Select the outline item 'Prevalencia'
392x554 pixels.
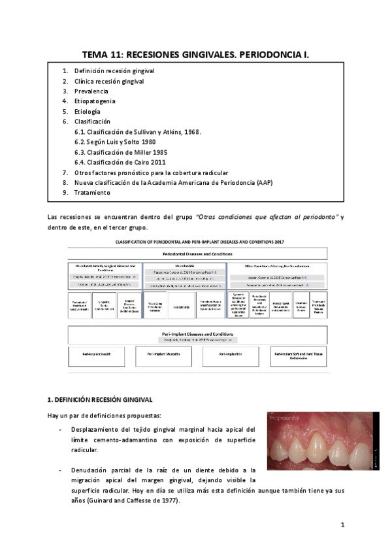pyautogui.click(x=91, y=91)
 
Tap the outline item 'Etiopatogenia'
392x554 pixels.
pyautogui.click(x=95, y=102)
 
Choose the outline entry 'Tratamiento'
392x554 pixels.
pyautogui.click(x=92, y=193)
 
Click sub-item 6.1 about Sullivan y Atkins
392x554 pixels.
pyautogui.click(x=138, y=132)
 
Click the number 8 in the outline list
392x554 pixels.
pyautogui.click(x=65, y=183)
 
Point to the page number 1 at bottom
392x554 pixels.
pyautogui.click(x=342, y=525)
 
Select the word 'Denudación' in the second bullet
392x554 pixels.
pyautogui.click(x=93, y=470)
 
